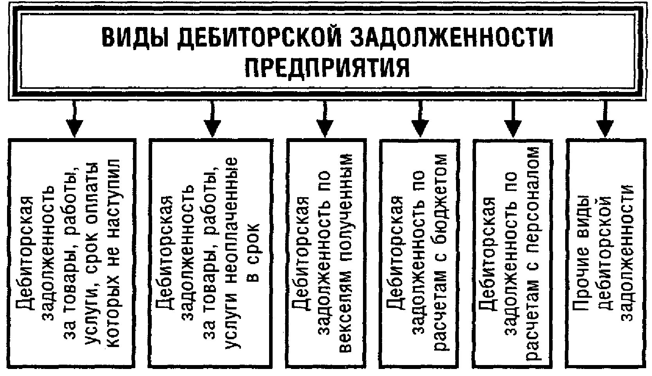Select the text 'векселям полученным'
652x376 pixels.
[x=347, y=252]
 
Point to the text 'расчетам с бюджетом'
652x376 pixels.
[x=440, y=252]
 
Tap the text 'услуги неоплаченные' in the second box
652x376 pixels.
[x=230, y=252]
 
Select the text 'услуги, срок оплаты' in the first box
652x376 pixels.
[x=92, y=252]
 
